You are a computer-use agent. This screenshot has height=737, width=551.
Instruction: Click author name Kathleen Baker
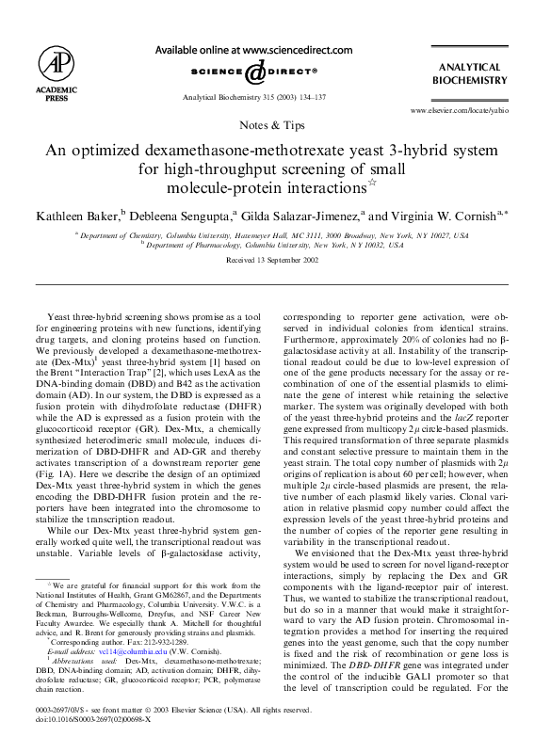point(79,216)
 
